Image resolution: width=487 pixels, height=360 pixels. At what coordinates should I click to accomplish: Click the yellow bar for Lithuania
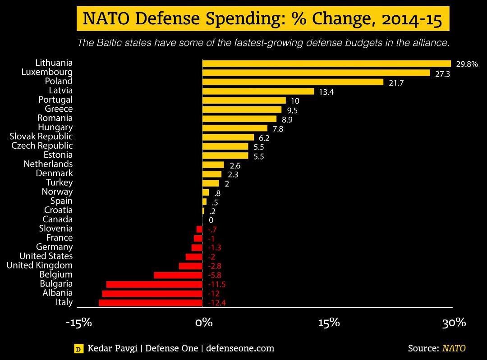point(326,64)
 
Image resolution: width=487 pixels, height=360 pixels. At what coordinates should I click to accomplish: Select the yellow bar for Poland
point(293,82)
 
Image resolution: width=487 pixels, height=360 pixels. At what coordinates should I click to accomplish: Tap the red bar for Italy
point(151,302)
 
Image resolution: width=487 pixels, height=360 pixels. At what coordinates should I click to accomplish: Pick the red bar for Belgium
point(178,275)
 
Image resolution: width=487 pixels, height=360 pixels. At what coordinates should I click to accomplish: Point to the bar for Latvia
point(258,91)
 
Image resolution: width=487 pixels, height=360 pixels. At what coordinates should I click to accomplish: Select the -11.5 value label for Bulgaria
point(216,284)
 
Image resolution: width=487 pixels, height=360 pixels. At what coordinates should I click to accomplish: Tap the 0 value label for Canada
point(211,220)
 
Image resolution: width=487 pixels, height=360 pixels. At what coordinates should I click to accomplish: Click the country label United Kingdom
point(39,265)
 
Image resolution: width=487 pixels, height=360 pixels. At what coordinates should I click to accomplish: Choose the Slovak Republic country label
point(41,136)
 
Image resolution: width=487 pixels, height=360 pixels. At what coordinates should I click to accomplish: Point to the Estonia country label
point(58,155)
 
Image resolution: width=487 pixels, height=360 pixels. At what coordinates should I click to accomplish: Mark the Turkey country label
point(59,182)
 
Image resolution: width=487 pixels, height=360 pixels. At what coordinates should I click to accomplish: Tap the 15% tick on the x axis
point(329,323)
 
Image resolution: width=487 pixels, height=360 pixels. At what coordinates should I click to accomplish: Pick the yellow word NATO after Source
point(454,348)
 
